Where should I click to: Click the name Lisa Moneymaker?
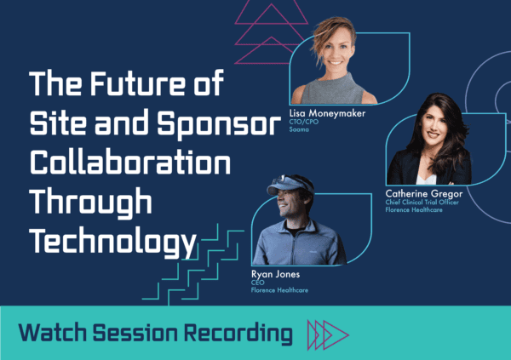327,114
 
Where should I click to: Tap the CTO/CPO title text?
304,122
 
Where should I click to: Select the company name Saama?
299,129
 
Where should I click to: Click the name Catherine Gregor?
423,194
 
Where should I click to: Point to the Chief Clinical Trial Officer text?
422,203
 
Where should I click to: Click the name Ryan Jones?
275,274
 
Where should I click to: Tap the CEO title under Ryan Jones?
258,283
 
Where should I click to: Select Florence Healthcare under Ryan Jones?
279,290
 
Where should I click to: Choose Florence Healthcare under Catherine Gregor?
414,210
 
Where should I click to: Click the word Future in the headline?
138,83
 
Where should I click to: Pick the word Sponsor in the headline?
219,125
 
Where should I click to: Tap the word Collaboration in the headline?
130,163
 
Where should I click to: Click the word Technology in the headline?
113,242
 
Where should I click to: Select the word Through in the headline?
91,203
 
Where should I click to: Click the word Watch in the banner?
53,333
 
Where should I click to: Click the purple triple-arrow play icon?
328,335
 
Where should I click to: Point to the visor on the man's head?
289,185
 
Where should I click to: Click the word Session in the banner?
135,333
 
